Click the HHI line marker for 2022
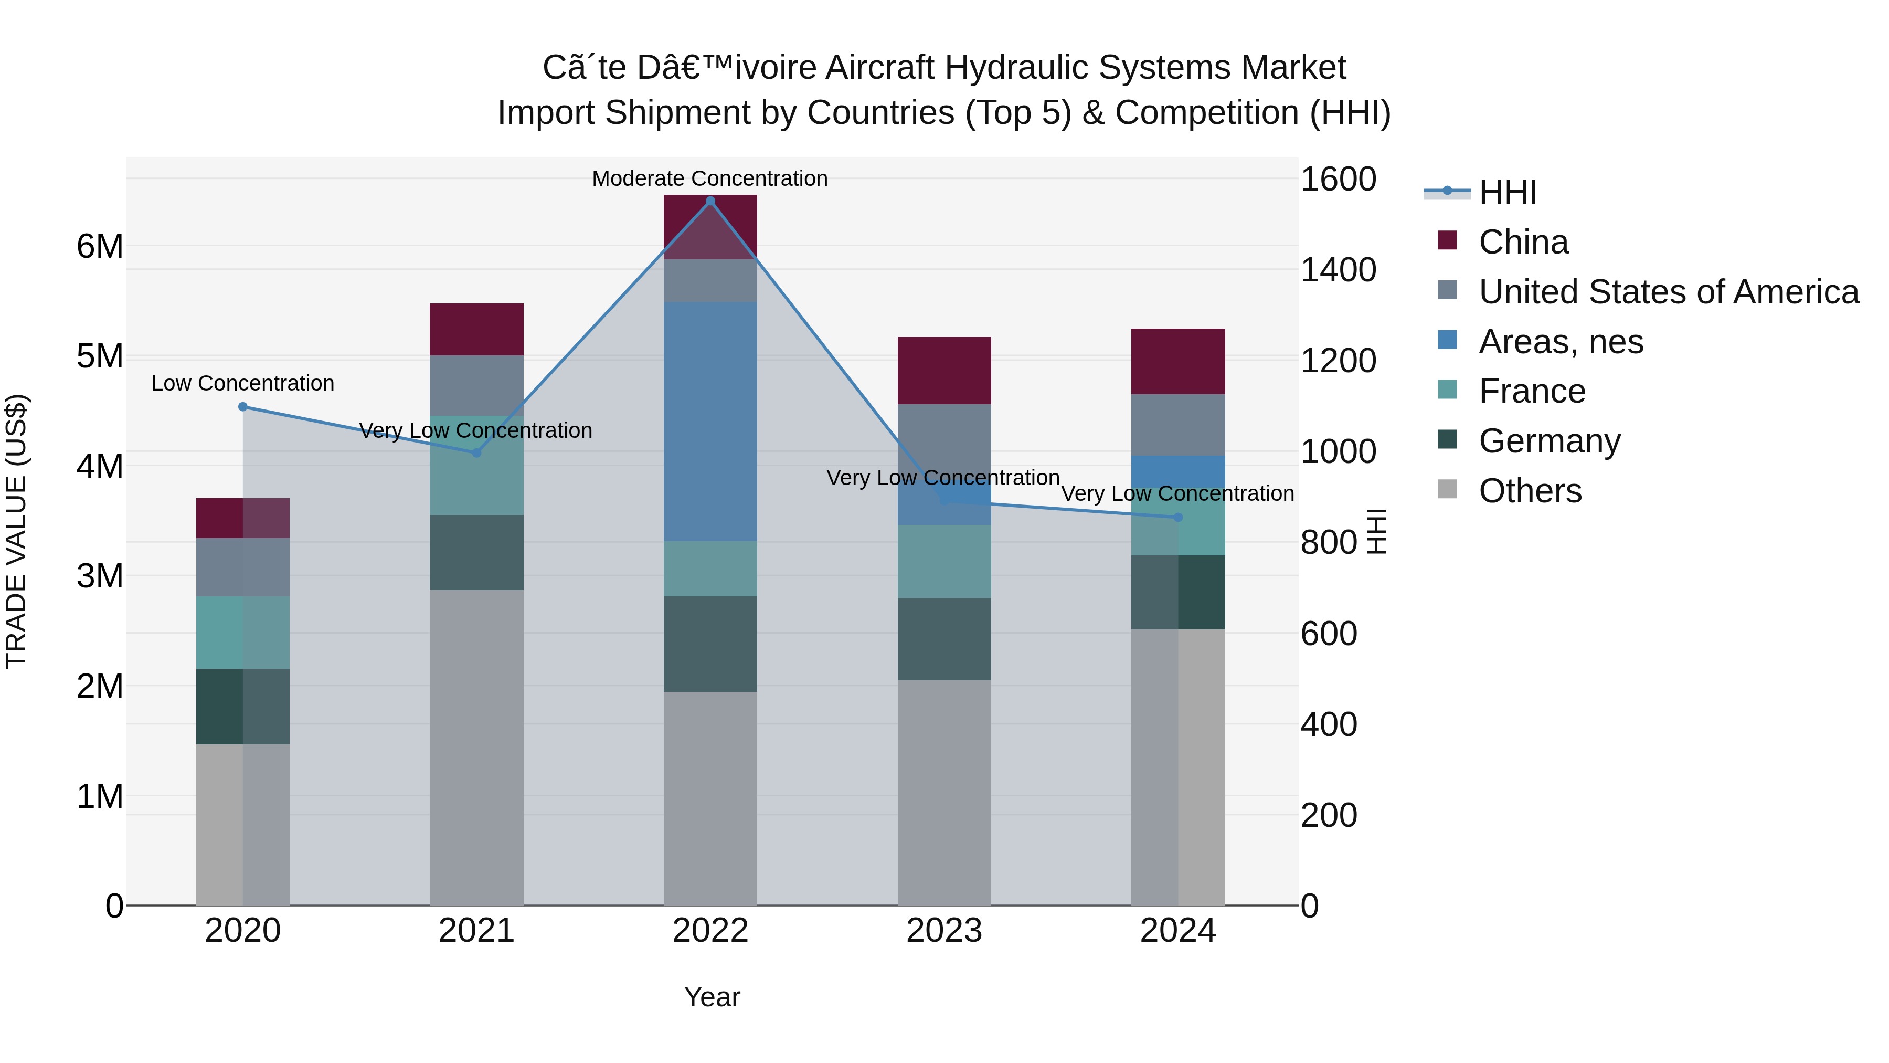[710, 201]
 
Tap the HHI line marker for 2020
[243, 406]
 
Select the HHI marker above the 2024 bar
[1177, 517]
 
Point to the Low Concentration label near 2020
[243, 383]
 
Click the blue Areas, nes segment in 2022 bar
[710, 422]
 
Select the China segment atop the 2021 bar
[476, 329]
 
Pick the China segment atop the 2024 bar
[1177, 362]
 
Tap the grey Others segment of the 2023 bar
[944, 792]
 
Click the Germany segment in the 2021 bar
[476, 552]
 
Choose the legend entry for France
[1532, 391]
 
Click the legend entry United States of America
[1668, 292]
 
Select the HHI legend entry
[1507, 192]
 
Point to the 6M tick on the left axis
[100, 247]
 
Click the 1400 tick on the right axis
[1338, 270]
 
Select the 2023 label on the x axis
[944, 931]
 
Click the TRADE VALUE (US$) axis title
[17, 531]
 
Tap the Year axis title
[712, 997]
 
